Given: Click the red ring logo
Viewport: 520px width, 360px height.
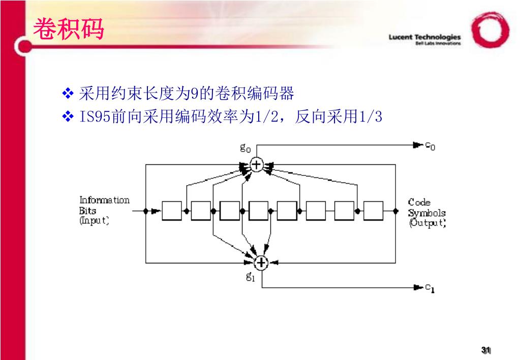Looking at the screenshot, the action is click(490, 30).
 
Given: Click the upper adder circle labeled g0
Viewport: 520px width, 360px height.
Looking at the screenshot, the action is click(257, 164).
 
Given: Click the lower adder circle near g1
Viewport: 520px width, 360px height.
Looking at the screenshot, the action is click(261, 262).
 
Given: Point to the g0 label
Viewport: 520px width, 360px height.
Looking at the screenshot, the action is click(246, 148).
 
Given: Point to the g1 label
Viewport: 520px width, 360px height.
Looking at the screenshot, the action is click(250, 277).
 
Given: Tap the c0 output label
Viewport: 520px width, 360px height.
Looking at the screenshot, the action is click(430, 146).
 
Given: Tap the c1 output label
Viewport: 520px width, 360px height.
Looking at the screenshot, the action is click(430, 288).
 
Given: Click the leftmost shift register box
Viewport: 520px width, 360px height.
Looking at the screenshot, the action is click(172, 210).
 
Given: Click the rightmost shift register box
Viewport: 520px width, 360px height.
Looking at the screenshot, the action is click(373, 210).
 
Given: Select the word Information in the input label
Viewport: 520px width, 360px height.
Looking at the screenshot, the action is click(104, 200).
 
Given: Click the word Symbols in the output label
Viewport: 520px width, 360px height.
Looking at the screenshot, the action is click(426, 213).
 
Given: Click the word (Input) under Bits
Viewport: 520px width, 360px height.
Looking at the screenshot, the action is click(94, 221).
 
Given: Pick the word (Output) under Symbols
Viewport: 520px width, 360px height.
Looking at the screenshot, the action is click(427, 223).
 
